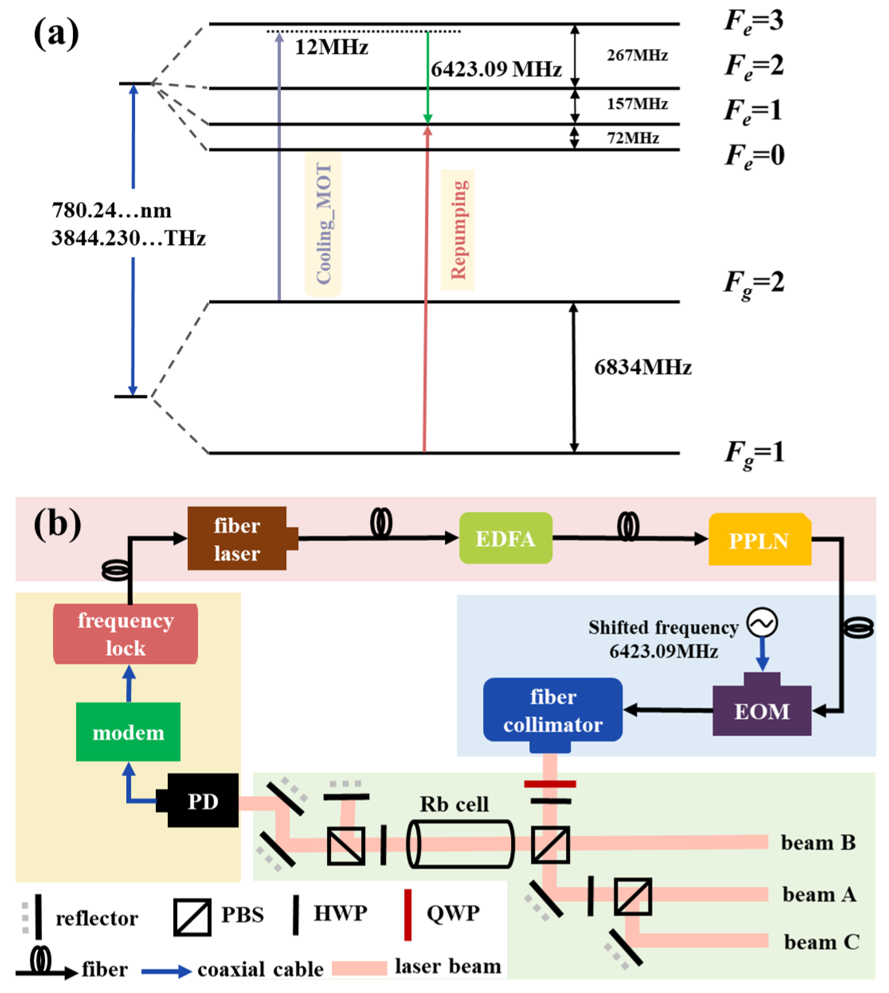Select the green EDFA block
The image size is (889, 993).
[x=506, y=538]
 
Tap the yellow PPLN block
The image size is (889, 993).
[x=759, y=540]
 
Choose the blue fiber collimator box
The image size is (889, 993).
[x=553, y=710]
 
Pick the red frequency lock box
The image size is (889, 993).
[x=125, y=634]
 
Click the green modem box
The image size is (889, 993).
[x=128, y=732]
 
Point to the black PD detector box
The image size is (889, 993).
[x=203, y=801]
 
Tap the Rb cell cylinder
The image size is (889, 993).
[x=461, y=844]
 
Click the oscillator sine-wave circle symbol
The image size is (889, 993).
[x=762, y=623]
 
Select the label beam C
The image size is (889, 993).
[x=821, y=942]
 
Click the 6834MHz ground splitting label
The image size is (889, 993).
[x=642, y=367]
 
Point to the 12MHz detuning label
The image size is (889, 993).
[x=332, y=48]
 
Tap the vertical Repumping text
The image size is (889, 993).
[x=458, y=230]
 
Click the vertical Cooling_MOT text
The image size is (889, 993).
[x=323, y=224]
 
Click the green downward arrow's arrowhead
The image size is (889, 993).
[x=427, y=118]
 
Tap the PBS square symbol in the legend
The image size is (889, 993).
[x=193, y=917]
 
